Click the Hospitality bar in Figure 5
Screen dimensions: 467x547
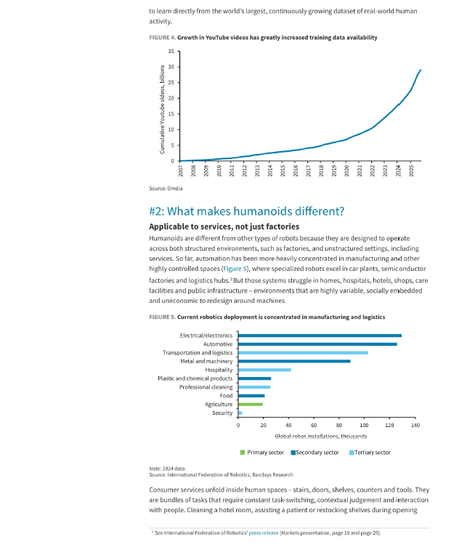tap(264, 370)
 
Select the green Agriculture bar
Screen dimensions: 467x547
tap(251, 405)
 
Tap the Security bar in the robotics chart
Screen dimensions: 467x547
tap(240, 413)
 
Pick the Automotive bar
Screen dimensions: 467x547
tap(317, 344)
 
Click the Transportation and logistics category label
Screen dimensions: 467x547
tap(198, 353)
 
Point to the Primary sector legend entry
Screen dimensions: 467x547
tap(262, 453)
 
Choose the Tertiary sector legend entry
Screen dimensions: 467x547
tap(370, 453)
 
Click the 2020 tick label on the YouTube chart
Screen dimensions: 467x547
tap(346, 171)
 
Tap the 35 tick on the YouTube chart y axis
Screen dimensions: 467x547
tap(171, 52)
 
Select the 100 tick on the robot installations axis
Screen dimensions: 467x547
tap(364, 425)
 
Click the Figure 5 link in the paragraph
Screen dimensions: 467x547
tap(235, 269)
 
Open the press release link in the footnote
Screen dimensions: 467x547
tap(264, 533)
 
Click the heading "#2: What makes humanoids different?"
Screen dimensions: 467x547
tap(247, 211)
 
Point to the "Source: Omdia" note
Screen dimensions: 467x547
tap(166, 188)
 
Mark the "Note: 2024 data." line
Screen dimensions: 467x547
tap(168, 469)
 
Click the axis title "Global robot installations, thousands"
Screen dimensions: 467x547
tap(321, 437)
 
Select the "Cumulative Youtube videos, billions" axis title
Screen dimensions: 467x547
tap(162, 110)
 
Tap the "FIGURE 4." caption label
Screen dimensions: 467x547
tap(162, 37)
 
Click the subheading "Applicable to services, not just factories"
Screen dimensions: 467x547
tap(224, 227)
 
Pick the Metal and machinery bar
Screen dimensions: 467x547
tap(294, 362)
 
